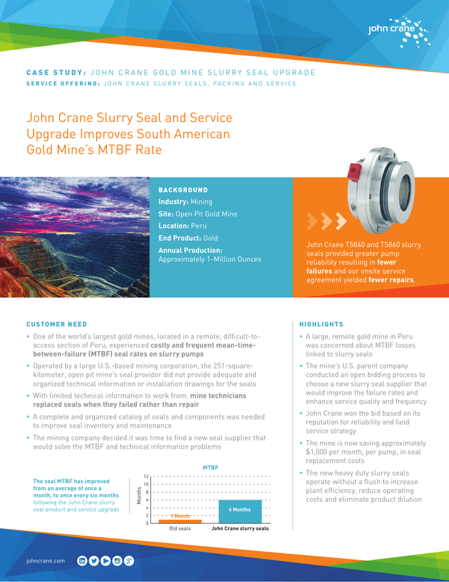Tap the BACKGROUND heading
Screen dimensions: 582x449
pyautogui.click(x=183, y=190)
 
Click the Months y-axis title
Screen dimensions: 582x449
pyautogui.click(x=138, y=497)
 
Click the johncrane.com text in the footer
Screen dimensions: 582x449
pyautogui.click(x=46, y=560)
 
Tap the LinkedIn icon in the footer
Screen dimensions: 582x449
pyautogui.click(x=82, y=560)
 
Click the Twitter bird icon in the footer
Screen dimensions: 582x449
pyautogui.click(x=94, y=560)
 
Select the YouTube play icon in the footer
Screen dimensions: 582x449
pyautogui.click(x=106, y=560)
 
